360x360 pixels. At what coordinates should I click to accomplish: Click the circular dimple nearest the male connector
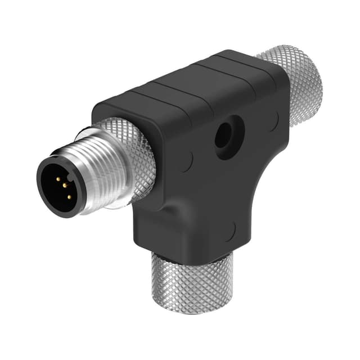tap(186, 162)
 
